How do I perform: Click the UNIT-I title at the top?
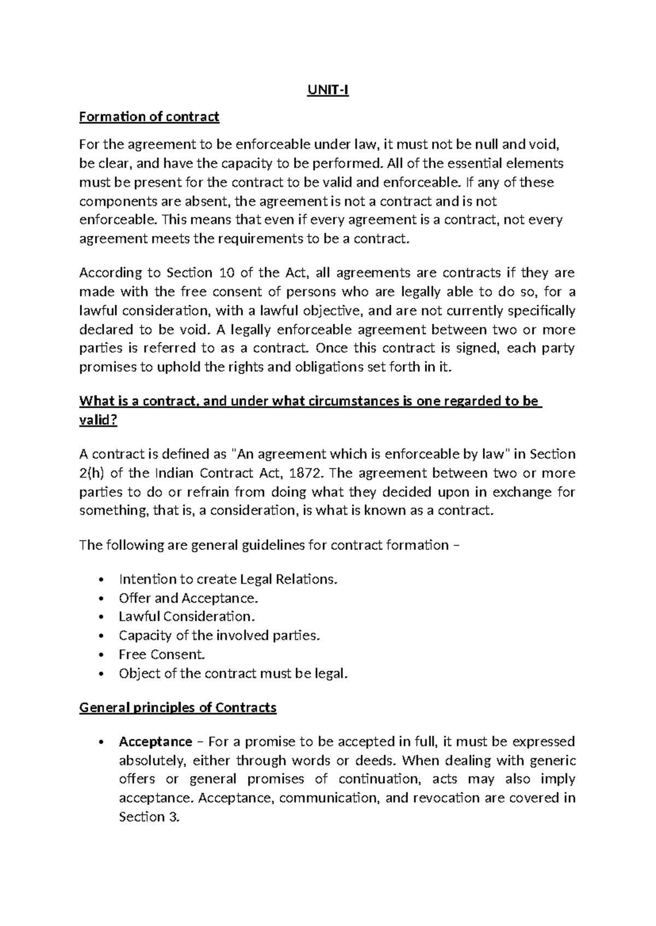[327, 91]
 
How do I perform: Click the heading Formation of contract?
[149, 116]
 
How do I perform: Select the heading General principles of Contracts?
[178, 708]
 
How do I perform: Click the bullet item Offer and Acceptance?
[188, 598]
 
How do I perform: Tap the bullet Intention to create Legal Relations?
[228, 579]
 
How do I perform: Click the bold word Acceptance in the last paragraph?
[155, 741]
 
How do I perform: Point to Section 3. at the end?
[149, 817]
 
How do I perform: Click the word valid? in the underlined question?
[98, 420]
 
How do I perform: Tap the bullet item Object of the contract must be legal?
[233, 673]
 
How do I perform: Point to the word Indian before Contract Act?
[176, 473]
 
